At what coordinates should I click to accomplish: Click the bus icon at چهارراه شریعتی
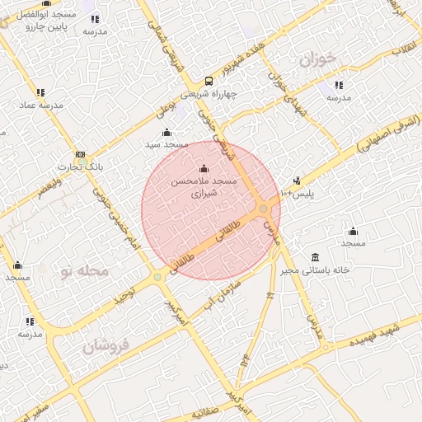209,81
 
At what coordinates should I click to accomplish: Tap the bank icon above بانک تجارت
80,154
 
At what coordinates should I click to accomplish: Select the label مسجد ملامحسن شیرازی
203,188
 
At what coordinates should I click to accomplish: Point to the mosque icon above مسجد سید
167,132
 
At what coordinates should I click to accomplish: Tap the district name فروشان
108,346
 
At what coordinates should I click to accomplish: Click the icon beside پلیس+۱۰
297,181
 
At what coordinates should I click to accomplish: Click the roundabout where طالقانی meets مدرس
264,209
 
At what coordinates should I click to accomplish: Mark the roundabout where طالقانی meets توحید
157,277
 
